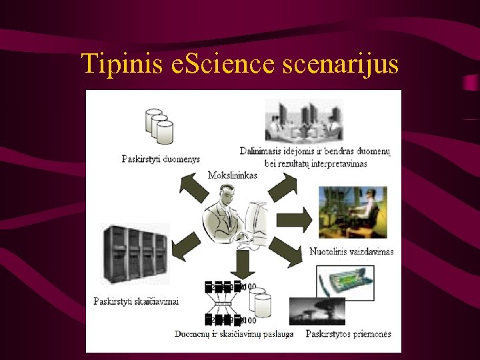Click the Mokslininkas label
[x=233, y=175]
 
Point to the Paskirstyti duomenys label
[x=161, y=159]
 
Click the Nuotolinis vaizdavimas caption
[x=352, y=251]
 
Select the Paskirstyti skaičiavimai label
[x=136, y=301]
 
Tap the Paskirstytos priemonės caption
[x=348, y=333]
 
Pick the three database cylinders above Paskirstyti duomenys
[x=159, y=126]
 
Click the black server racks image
[x=135, y=254]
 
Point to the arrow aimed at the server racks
[x=184, y=247]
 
